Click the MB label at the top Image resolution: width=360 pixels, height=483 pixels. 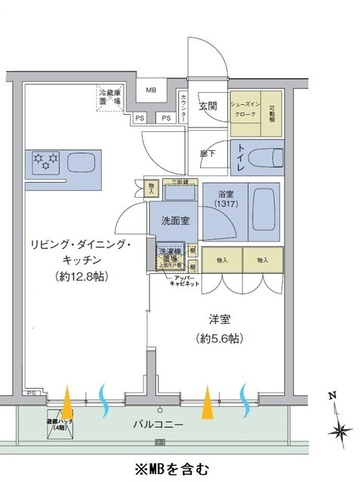152,91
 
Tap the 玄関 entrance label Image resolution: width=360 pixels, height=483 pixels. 208,106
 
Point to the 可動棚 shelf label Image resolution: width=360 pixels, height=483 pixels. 272,112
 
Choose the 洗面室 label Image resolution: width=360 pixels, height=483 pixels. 174,222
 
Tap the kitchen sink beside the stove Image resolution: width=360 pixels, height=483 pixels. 81,163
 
